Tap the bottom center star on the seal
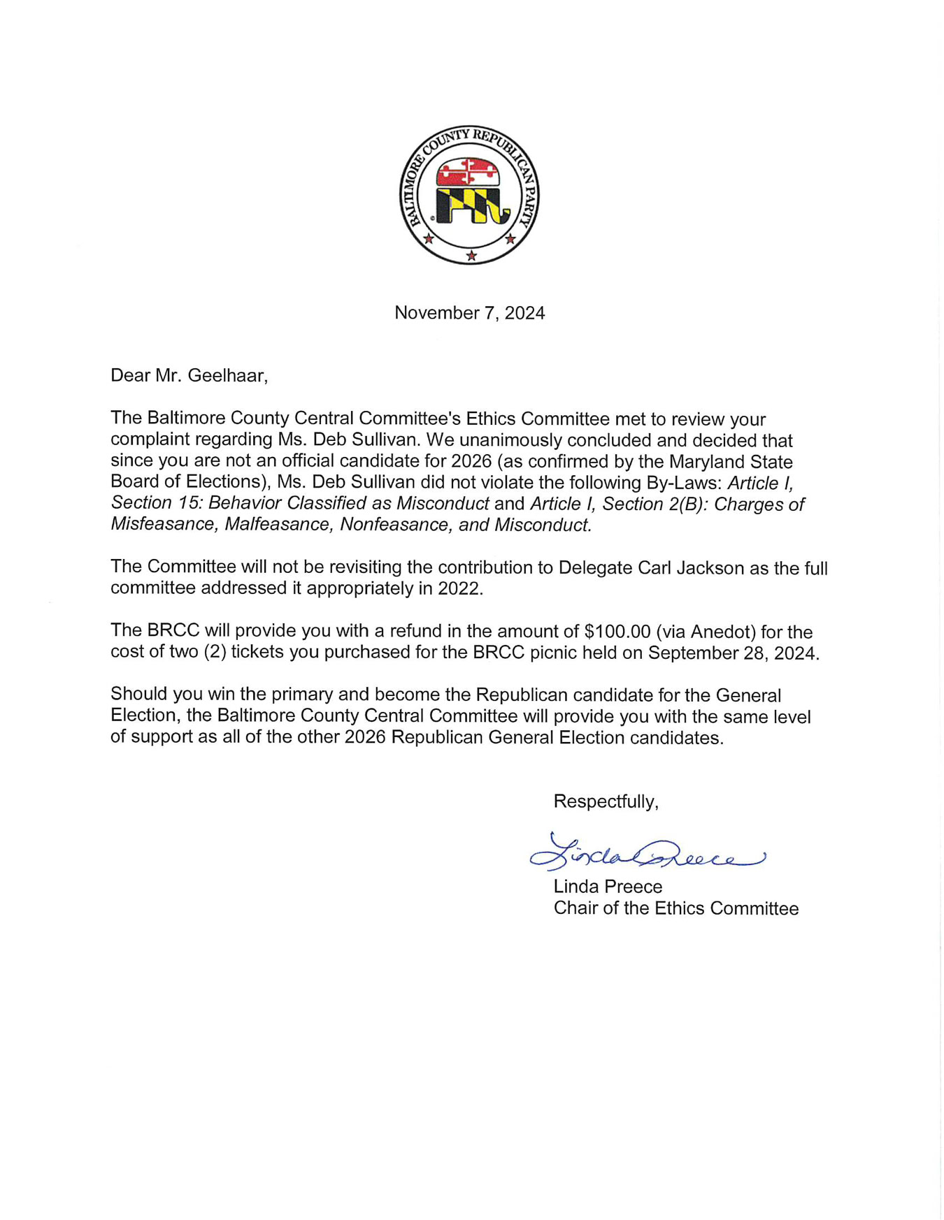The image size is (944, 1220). (x=471, y=256)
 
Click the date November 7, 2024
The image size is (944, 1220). (x=469, y=313)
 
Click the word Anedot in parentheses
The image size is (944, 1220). (x=723, y=632)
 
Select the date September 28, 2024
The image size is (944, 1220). (x=732, y=653)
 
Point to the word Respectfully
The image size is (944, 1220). (x=605, y=801)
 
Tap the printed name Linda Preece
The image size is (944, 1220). (x=608, y=887)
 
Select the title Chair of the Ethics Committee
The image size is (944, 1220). (x=675, y=908)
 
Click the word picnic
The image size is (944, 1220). (x=617, y=653)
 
